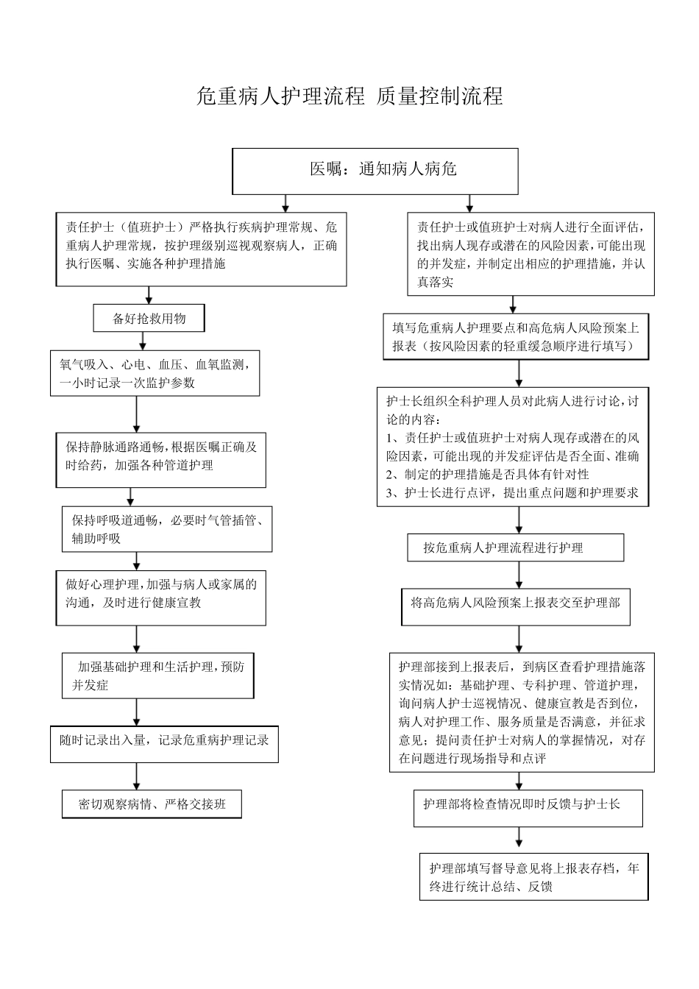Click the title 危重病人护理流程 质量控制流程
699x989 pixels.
pyautogui.click(x=349, y=96)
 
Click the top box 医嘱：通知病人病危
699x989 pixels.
pyautogui.click(x=375, y=171)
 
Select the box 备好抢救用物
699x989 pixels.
pyautogui.click(x=149, y=319)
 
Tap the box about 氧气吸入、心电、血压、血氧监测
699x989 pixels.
pyautogui.click(x=155, y=373)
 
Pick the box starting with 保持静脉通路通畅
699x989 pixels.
pyautogui.click(x=161, y=458)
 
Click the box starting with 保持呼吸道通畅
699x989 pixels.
pyautogui.click(x=167, y=529)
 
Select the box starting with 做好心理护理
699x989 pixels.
pyautogui.click(x=161, y=597)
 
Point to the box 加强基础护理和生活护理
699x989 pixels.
pyautogui.click(x=158, y=676)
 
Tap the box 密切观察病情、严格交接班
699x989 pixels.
pyautogui.click(x=152, y=804)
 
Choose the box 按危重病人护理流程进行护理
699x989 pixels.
pyautogui.click(x=516, y=547)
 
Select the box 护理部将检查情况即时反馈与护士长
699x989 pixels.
pyautogui.click(x=528, y=807)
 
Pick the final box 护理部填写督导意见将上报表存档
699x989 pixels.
pyautogui.click(x=534, y=877)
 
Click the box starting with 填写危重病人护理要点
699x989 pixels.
pyautogui.click(x=516, y=337)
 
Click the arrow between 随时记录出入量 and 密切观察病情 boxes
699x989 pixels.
pyautogui.click(x=137, y=776)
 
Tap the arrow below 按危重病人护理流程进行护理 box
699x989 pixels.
pyautogui.click(x=519, y=575)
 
